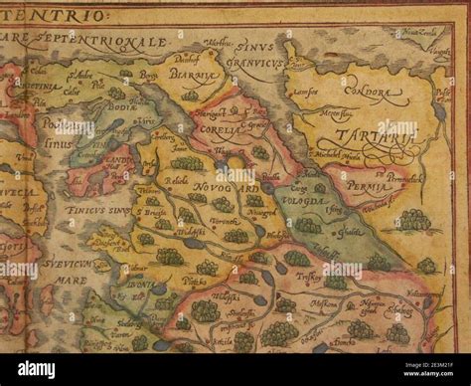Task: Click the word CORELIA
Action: click(x=222, y=128)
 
